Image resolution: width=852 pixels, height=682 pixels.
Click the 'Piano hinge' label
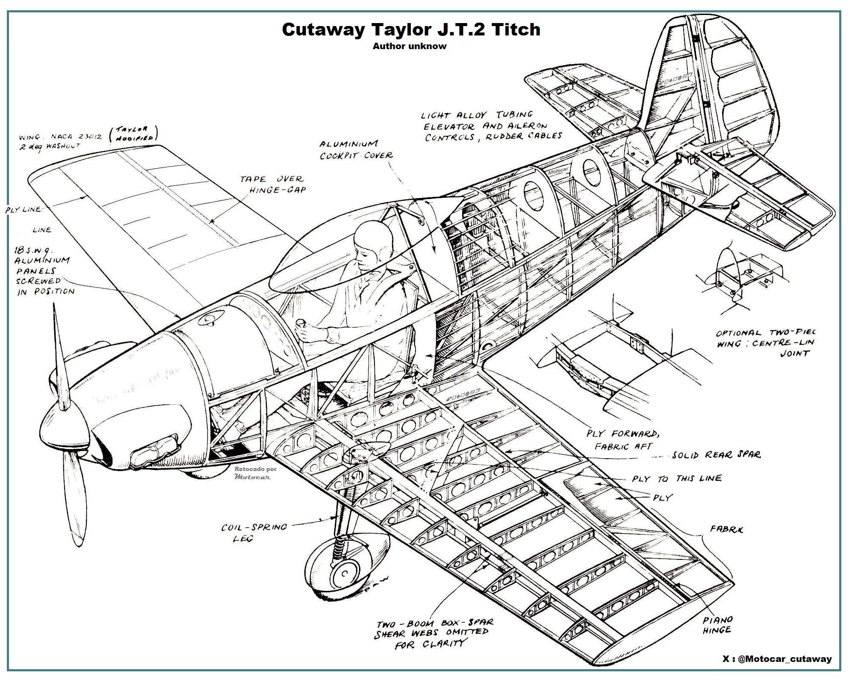pos(718,624)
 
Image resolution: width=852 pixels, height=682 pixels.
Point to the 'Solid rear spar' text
pos(716,455)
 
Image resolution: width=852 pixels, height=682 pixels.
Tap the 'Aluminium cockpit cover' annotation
pos(356,149)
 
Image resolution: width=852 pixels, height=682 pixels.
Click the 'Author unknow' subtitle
pos(409,46)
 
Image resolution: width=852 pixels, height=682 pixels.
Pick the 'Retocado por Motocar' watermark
pos(255,472)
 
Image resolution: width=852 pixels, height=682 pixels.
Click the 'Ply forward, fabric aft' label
pos(622,440)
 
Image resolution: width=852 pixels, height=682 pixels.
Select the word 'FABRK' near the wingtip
pos(726,529)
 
